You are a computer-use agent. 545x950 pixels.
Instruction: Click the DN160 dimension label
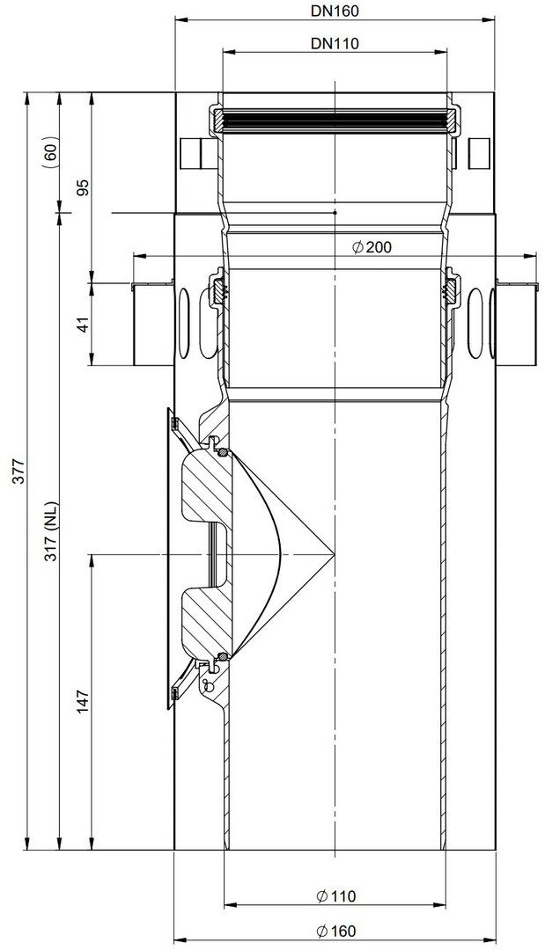[x=335, y=11]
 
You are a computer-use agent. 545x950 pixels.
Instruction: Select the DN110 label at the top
[x=335, y=44]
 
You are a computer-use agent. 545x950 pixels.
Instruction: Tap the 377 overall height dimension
[x=18, y=471]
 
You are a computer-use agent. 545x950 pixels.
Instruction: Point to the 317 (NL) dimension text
[x=51, y=530]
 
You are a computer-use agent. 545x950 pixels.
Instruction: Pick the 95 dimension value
[x=84, y=186]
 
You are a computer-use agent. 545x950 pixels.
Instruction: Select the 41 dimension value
[x=84, y=324]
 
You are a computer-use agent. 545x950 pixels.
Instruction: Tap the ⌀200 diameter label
[x=371, y=246]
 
